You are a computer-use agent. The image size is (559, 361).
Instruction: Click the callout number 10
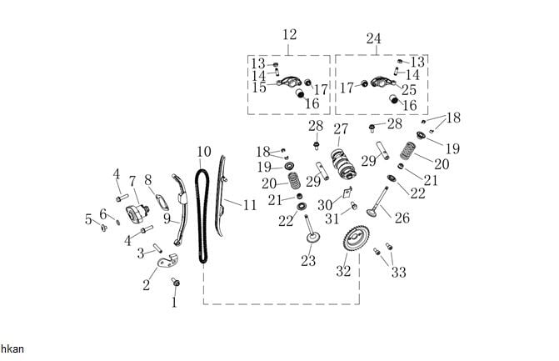click(204, 152)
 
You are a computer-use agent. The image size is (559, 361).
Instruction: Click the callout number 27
click(340, 129)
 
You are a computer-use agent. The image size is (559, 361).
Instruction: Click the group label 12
click(289, 35)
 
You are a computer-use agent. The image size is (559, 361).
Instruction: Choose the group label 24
click(373, 38)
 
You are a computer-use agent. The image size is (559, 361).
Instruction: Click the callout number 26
click(402, 218)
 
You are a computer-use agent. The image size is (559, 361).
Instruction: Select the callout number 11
click(250, 203)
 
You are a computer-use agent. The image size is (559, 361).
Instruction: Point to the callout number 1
click(174, 303)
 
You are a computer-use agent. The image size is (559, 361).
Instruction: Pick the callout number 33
click(399, 273)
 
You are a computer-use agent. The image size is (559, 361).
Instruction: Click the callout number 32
click(343, 271)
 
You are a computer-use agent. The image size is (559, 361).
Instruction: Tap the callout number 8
click(148, 179)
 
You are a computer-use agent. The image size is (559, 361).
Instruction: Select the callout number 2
click(147, 286)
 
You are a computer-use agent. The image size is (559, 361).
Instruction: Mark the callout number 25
click(409, 88)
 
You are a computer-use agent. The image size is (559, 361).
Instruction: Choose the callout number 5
click(88, 219)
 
